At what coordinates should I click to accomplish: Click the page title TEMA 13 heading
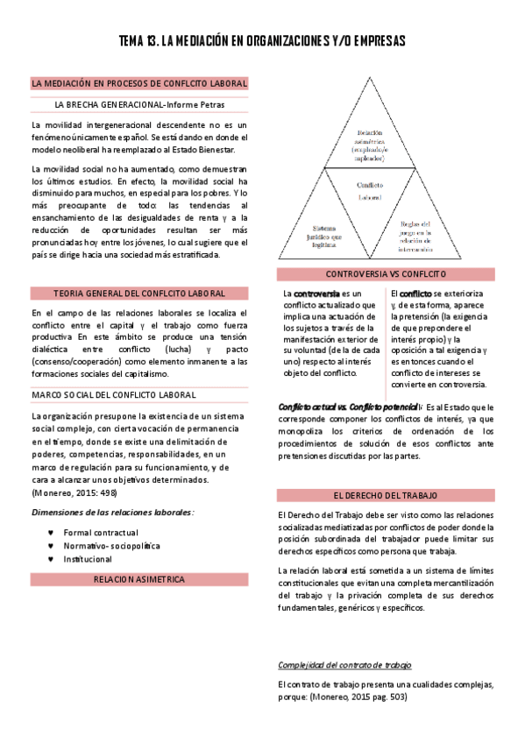tap(262, 41)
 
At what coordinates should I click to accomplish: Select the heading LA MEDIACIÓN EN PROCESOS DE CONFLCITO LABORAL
tap(139, 84)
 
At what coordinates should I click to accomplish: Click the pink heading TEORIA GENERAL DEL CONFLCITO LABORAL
tap(139, 293)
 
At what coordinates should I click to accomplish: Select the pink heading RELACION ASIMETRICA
tap(139, 579)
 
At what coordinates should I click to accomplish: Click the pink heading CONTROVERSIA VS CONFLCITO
tap(387, 274)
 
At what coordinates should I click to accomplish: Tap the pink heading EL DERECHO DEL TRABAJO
tap(387, 495)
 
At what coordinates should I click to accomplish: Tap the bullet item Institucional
tap(88, 558)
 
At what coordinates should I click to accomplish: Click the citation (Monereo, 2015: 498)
tap(74, 492)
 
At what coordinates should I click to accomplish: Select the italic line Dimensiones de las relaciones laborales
tap(112, 512)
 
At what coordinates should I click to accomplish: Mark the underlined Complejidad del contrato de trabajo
tap(344, 664)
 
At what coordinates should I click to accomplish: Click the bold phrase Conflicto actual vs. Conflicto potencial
tap(348, 407)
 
